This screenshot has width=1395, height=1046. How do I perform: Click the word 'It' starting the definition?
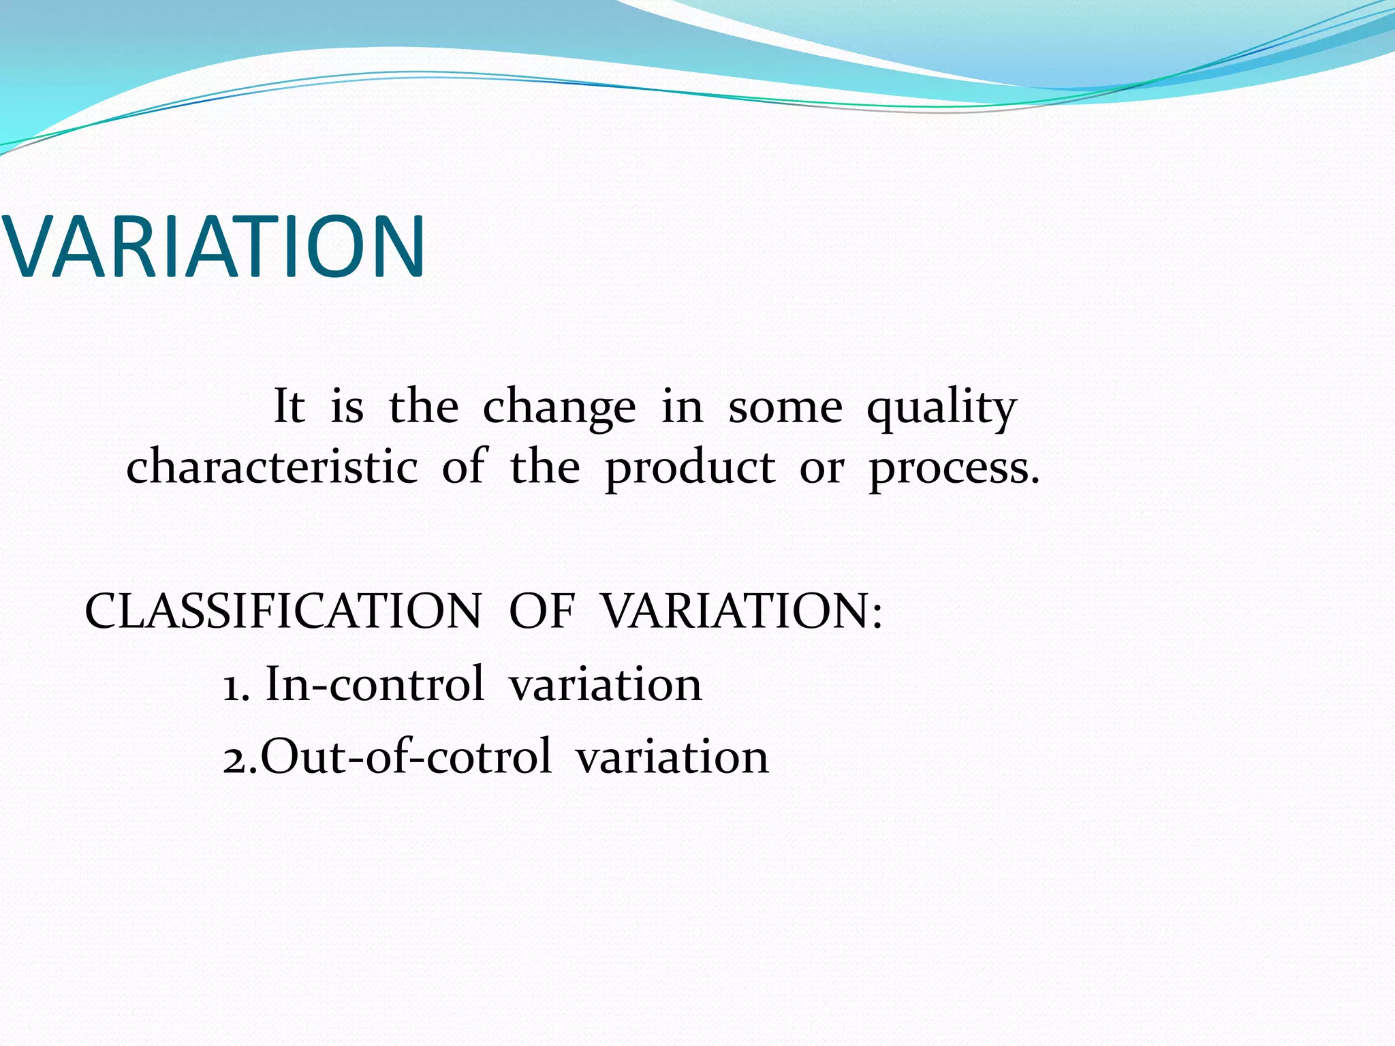pyautogui.click(x=289, y=407)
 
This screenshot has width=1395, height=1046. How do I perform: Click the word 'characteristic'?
pyautogui.click(x=272, y=468)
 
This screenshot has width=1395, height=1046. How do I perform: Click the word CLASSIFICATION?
pyautogui.click(x=283, y=611)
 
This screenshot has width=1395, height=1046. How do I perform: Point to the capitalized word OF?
pyautogui.click(x=542, y=611)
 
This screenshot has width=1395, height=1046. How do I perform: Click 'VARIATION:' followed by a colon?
pyautogui.click(x=742, y=611)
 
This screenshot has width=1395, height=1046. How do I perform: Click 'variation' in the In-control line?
pyautogui.click(x=605, y=685)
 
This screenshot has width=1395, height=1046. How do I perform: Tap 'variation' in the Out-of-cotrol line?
pyautogui.click(x=672, y=758)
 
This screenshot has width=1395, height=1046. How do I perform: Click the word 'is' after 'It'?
pyautogui.click(x=347, y=407)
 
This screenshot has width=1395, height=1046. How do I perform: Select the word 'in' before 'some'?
pyautogui.click(x=682, y=407)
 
